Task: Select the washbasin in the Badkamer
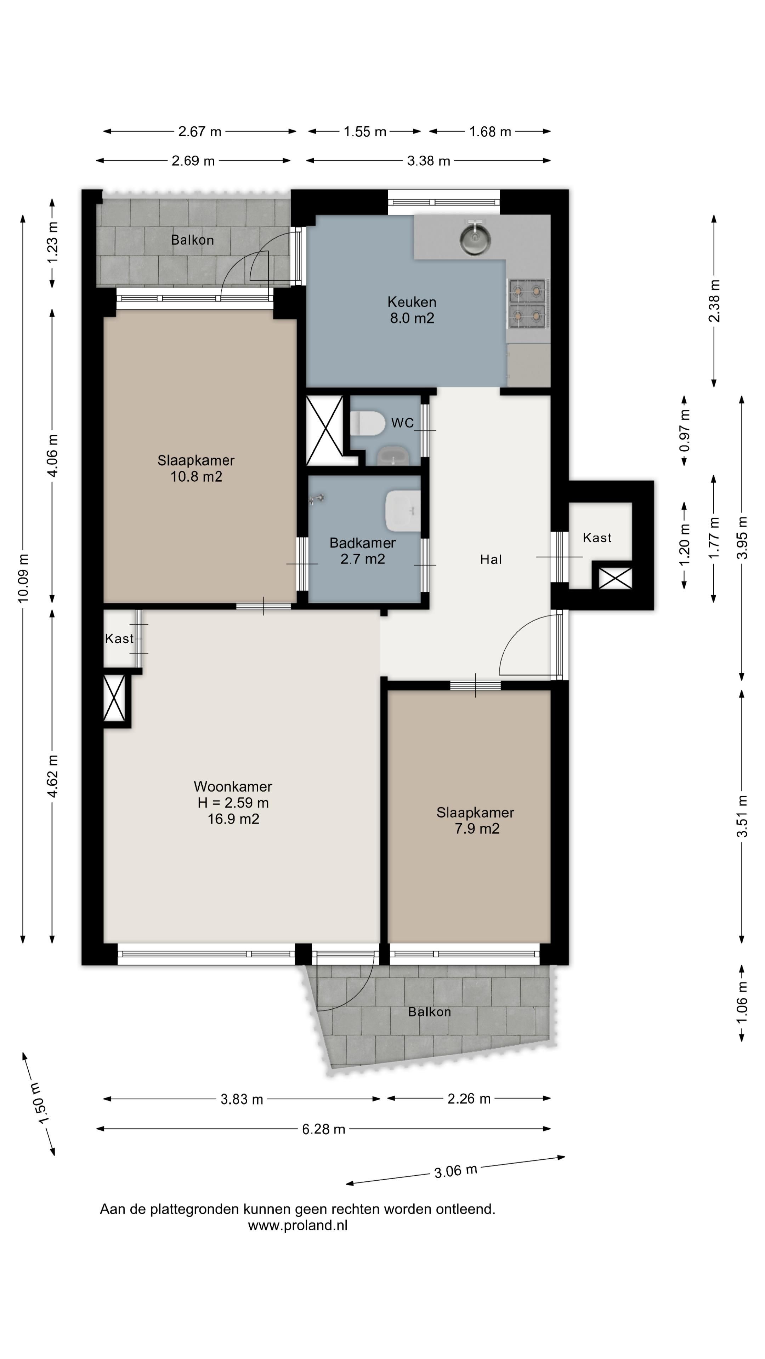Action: point(403,511)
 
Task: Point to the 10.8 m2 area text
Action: point(196,476)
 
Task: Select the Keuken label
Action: point(412,302)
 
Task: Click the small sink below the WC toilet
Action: point(393,456)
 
